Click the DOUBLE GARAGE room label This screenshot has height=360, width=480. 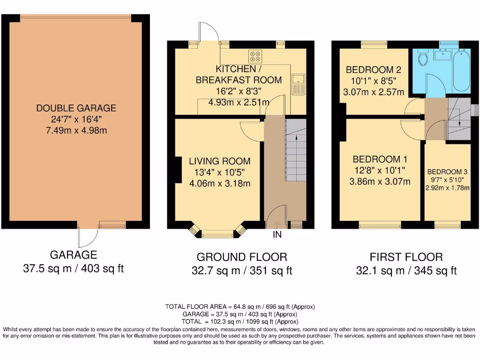76,108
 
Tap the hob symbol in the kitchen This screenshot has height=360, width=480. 255,56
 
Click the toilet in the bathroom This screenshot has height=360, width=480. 423,59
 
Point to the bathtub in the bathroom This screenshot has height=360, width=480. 462,70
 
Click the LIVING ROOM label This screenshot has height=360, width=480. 219,161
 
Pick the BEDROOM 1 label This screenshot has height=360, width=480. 380,158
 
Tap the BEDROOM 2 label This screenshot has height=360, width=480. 373,70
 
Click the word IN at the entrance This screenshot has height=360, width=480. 277,234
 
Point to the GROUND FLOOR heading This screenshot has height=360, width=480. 241,257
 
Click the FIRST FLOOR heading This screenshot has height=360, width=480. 406,257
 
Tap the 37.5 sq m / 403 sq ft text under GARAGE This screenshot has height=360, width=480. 73,269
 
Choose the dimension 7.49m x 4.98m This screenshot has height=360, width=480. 76,130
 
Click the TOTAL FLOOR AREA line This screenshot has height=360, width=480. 240,307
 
